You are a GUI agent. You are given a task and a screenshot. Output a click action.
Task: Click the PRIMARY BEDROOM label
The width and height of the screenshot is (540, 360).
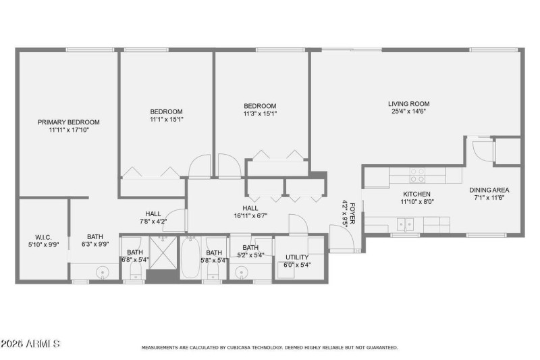68,122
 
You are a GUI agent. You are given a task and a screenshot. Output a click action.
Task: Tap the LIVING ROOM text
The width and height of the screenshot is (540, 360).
408,104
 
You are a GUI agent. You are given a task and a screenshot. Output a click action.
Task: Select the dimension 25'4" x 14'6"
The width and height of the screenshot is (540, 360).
408,112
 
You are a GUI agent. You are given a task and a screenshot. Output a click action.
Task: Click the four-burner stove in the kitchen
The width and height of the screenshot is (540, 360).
417,176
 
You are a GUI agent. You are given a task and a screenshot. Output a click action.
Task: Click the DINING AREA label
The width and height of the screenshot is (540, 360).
489,190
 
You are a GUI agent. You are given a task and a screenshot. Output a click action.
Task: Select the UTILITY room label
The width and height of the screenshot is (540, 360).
297,257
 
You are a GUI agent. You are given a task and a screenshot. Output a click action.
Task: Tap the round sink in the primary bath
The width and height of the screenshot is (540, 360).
103,273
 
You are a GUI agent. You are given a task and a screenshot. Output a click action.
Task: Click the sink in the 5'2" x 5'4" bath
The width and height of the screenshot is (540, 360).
242,273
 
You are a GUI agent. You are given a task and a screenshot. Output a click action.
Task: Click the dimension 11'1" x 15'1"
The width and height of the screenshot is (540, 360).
166,120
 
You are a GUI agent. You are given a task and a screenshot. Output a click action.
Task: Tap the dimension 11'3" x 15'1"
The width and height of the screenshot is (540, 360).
260,113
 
